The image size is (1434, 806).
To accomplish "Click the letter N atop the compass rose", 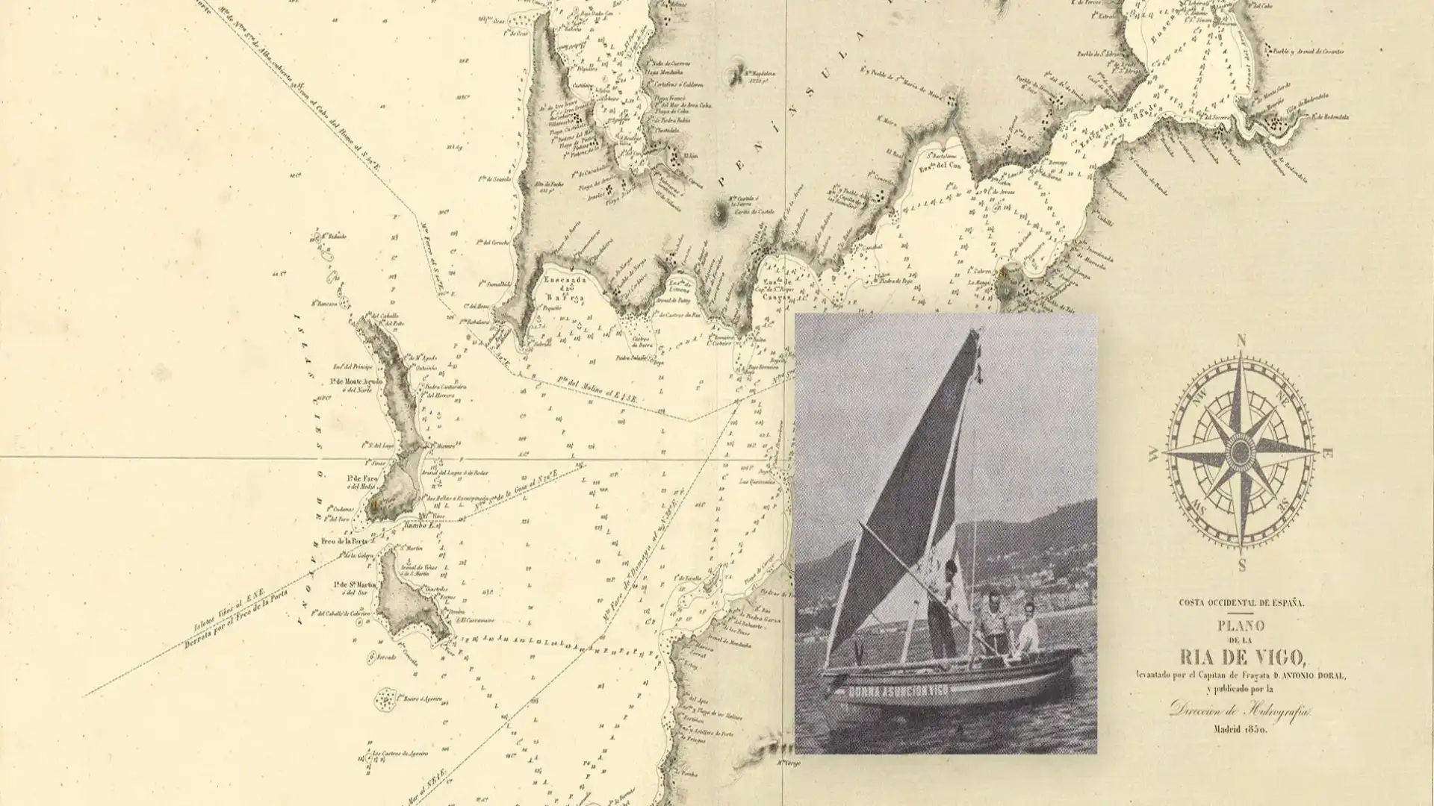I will click(x=1241, y=341).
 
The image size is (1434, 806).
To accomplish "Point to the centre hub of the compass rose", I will click(x=1241, y=452).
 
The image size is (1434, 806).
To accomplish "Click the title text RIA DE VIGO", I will click(x=1242, y=657).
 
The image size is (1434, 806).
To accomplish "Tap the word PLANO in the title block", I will click(x=1242, y=625).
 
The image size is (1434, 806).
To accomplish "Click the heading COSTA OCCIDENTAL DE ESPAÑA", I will click(x=1242, y=603).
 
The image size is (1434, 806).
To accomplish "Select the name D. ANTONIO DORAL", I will click(x=1307, y=676).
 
